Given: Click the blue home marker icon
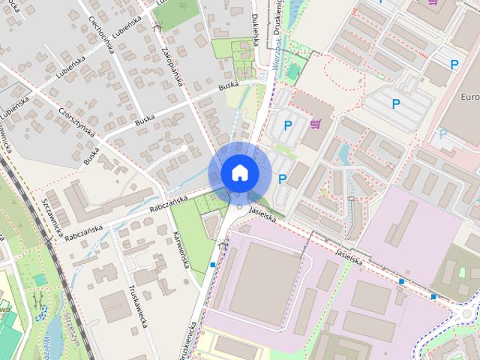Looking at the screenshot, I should click(239, 173).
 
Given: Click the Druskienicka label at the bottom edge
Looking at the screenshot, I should click(193, 341).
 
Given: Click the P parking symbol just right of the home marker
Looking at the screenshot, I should click(282, 178).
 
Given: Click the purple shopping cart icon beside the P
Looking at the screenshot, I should click(316, 123).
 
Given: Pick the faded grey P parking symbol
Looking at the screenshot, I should click(442, 133).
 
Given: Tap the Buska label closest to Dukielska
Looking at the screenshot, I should click(228, 88).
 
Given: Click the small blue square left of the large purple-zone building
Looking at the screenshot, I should click(214, 265).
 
